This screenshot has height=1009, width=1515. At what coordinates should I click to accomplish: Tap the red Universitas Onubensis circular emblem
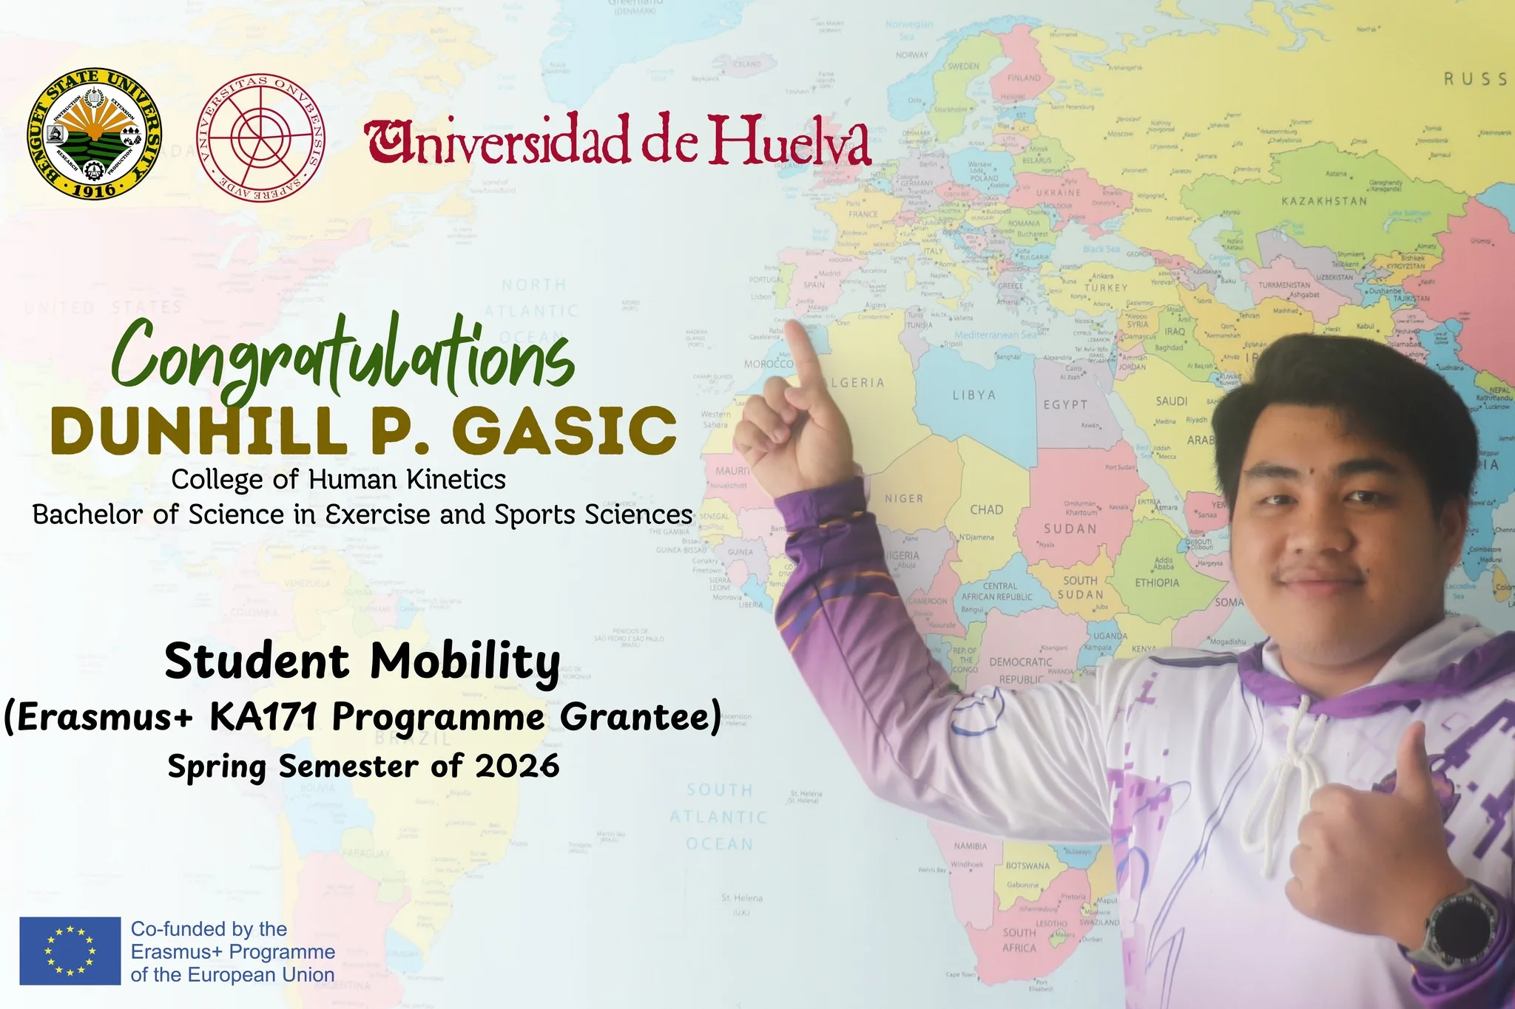pyautogui.click(x=260, y=134)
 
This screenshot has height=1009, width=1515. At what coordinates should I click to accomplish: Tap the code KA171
pyautogui.click(x=264, y=716)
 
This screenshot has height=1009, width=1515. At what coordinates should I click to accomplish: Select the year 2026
pyautogui.click(x=517, y=766)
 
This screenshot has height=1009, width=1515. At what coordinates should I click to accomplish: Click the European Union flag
pyautogui.click(x=70, y=951)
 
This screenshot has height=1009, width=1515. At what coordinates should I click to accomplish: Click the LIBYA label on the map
pyautogui.click(x=974, y=395)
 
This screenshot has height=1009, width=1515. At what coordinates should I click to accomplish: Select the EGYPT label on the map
pyautogui.click(x=1065, y=405)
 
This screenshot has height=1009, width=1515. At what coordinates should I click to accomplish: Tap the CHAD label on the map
pyautogui.click(x=987, y=510)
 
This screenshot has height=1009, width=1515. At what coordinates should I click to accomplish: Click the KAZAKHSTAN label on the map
pyautogui.click(x=1324, y=201)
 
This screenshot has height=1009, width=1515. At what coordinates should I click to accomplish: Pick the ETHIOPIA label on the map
pyautogui.click(x=1157, y=583)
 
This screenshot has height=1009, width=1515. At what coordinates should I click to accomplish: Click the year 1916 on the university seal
pyautogui.click(x=94, y=189)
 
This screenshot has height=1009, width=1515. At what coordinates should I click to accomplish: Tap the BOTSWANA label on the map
pyautogui.click(x=1028, y=866)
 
